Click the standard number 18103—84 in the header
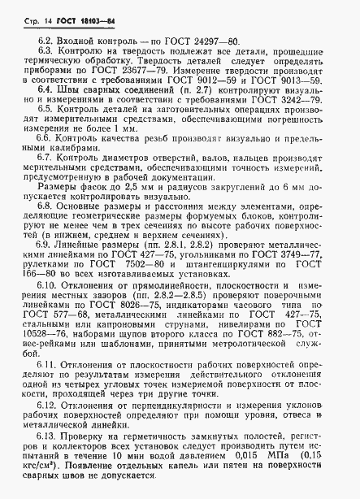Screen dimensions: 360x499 tap(86, 18)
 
